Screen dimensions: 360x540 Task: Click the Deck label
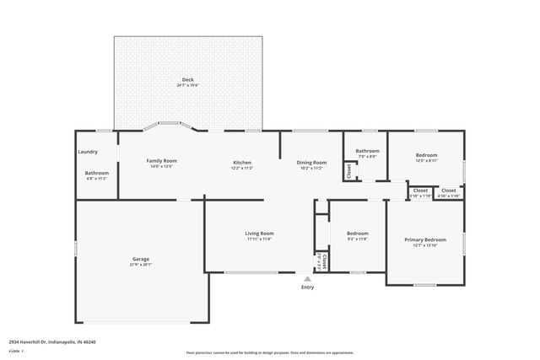point(187,79)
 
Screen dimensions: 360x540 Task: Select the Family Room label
point(161,161)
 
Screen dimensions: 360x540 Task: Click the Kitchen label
point(242,161)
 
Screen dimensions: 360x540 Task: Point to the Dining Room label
point(311,161)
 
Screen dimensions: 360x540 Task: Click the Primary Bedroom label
point(425,239)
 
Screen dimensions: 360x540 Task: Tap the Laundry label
point(88,152)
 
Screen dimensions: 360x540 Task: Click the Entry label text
point(307,287)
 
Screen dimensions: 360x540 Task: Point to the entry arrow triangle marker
point(307,277)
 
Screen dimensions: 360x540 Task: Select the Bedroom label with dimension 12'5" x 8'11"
point(426,155)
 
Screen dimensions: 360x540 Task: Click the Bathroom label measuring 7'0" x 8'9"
point(367,151)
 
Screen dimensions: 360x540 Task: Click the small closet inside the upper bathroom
point(348,170)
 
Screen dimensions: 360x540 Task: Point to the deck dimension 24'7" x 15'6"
point(187,86)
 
